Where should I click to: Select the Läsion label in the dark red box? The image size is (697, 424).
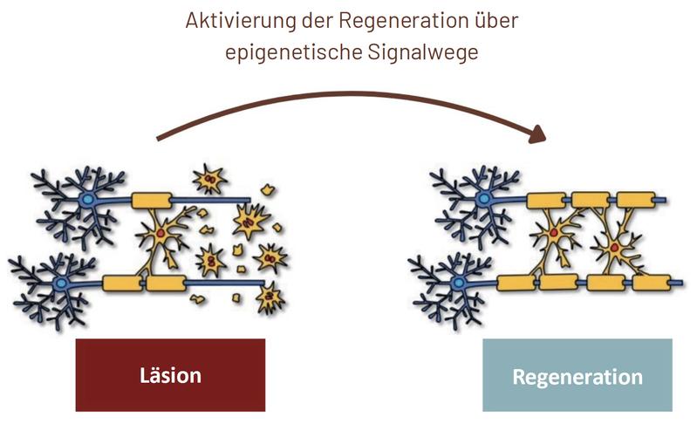coord(170,376)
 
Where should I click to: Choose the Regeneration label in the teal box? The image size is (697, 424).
coord(577,377)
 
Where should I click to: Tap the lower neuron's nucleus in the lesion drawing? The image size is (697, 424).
coord(62,284)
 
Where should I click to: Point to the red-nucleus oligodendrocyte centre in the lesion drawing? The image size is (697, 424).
coord(162,234)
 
